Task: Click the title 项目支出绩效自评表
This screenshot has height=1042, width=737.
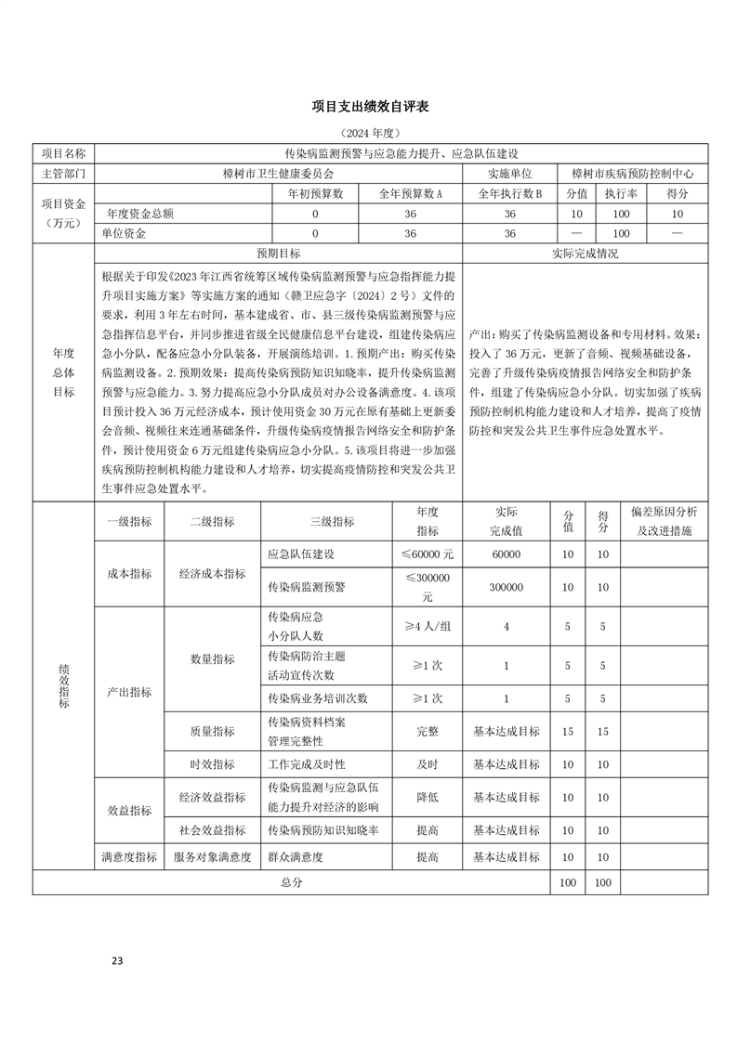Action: tap(369, 108)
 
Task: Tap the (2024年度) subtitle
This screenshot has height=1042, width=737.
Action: tap(369, 134)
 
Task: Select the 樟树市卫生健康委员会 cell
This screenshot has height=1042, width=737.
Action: tap(278, 174)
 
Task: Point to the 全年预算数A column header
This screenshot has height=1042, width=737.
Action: tap(410, 194)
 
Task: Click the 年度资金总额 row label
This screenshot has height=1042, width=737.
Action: tap(140, 214)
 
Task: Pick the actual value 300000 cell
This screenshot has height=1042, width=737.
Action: tap(507, 587)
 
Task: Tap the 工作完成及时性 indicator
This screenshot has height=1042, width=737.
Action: tap(306, 764)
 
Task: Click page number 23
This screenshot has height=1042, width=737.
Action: tap(117, 960)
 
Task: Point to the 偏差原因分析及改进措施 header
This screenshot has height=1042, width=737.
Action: tap(664, 521)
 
